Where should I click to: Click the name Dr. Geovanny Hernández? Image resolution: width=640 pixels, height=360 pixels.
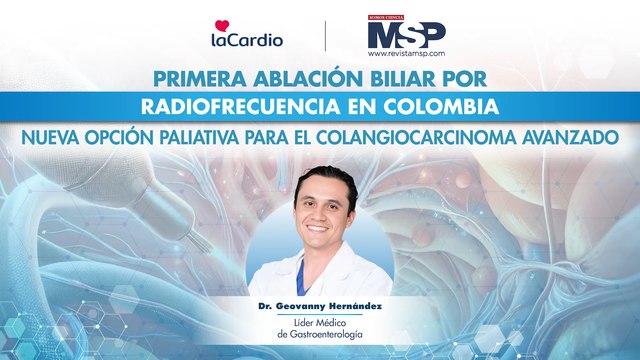320,300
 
